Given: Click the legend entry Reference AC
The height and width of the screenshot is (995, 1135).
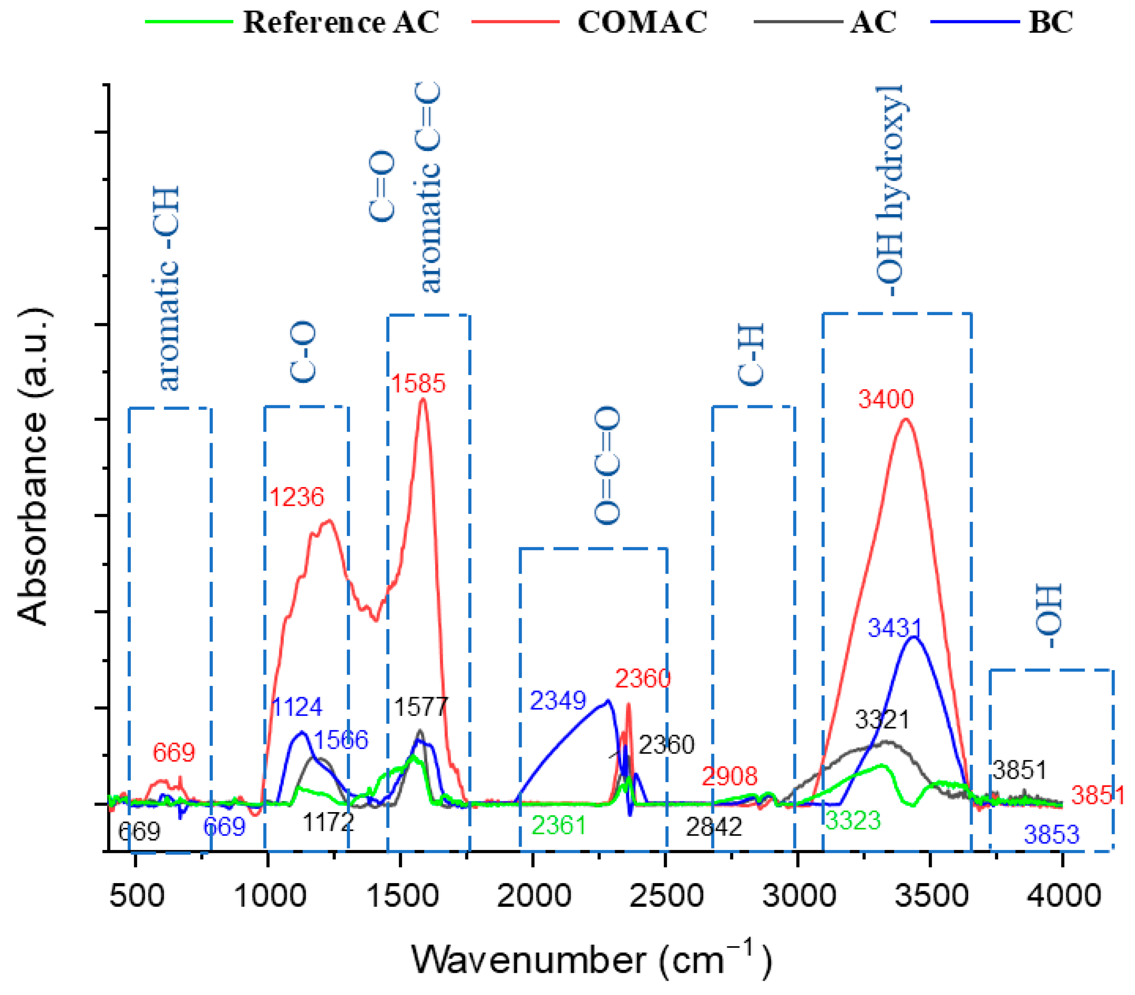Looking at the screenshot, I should pyautogui.click(x=340, y=22).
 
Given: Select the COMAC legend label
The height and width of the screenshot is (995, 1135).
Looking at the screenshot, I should pyautogui.click(x=642, y=22).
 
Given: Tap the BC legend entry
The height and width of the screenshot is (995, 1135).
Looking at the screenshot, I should pyautogui.click(x=1050, y=22).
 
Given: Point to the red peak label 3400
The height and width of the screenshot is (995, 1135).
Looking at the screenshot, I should pyautogui.click(x=886, y=399).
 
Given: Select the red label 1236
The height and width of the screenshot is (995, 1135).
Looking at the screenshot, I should pyautogui.click(x=297, y=497).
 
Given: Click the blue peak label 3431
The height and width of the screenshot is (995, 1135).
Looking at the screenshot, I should pyautogui.click(x=894, y=628).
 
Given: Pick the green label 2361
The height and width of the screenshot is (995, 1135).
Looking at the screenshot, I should pyautogui.click(x=558, y=826).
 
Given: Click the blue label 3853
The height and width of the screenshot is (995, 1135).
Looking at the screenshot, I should pyautogui.click(x=1051, y=835).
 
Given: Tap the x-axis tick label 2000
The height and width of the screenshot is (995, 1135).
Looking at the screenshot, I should pyautogui.click(x=534, y=896).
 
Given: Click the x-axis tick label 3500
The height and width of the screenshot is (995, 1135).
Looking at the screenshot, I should pyautogui.click(x=931, y=896).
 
